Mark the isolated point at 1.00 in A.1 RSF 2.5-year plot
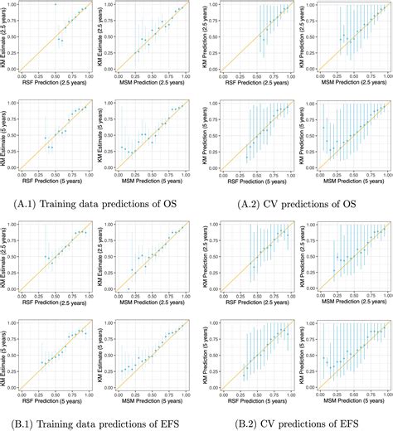56,4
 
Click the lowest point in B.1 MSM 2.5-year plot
129,288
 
